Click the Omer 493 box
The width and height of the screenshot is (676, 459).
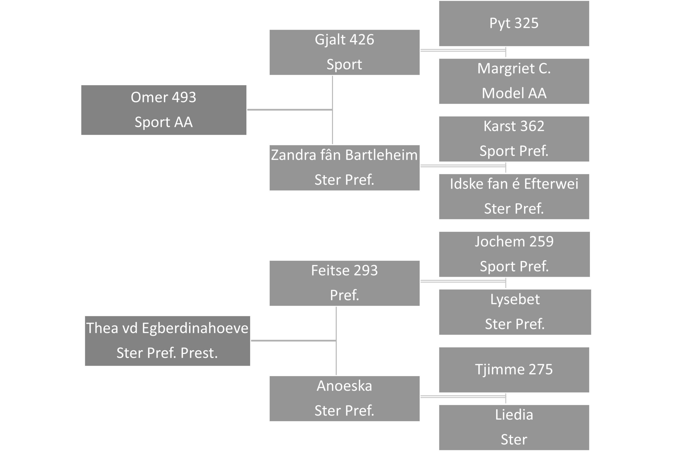(164, 110)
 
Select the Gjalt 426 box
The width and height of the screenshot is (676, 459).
(344, 52)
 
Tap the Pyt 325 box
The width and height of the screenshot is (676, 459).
(514, 23)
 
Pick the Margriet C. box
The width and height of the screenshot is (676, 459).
(514, 81)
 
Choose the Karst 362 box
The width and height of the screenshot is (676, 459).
(514, 139)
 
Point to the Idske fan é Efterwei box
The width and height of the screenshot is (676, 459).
(514, 197)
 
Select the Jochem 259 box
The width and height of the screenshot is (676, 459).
(514, 254)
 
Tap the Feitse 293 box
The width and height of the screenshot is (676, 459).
(344, 283)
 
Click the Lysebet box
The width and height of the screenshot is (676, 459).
(515, 312)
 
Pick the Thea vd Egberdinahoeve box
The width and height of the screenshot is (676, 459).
(167, 341)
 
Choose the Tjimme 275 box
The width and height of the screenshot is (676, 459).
(514, 370)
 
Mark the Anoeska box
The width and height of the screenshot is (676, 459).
(344, 399)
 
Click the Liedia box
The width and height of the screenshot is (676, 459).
(514, 428)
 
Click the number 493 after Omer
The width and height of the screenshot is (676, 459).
(184, 97)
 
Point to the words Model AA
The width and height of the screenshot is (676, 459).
(514, 93)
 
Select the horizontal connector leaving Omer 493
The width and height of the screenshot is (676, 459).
(290, 110)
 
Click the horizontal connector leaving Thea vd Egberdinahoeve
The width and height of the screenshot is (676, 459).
(293, 341)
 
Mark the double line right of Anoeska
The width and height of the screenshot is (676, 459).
(463, 396)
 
